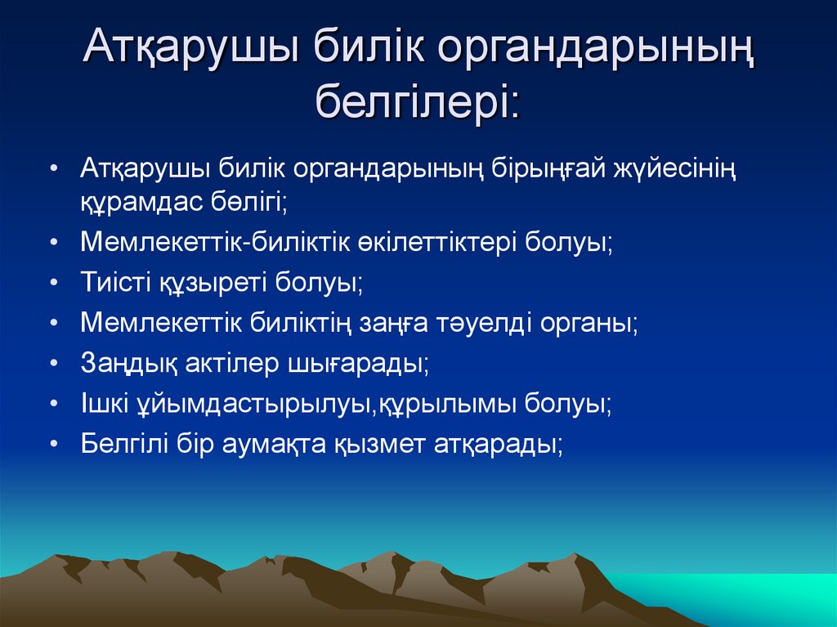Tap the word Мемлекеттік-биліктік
tap(214, 243)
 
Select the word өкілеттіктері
tap(436, 243)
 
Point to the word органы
tap(588, 323)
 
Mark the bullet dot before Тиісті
tap(52, 283)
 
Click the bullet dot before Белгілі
tap(52, 443)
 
